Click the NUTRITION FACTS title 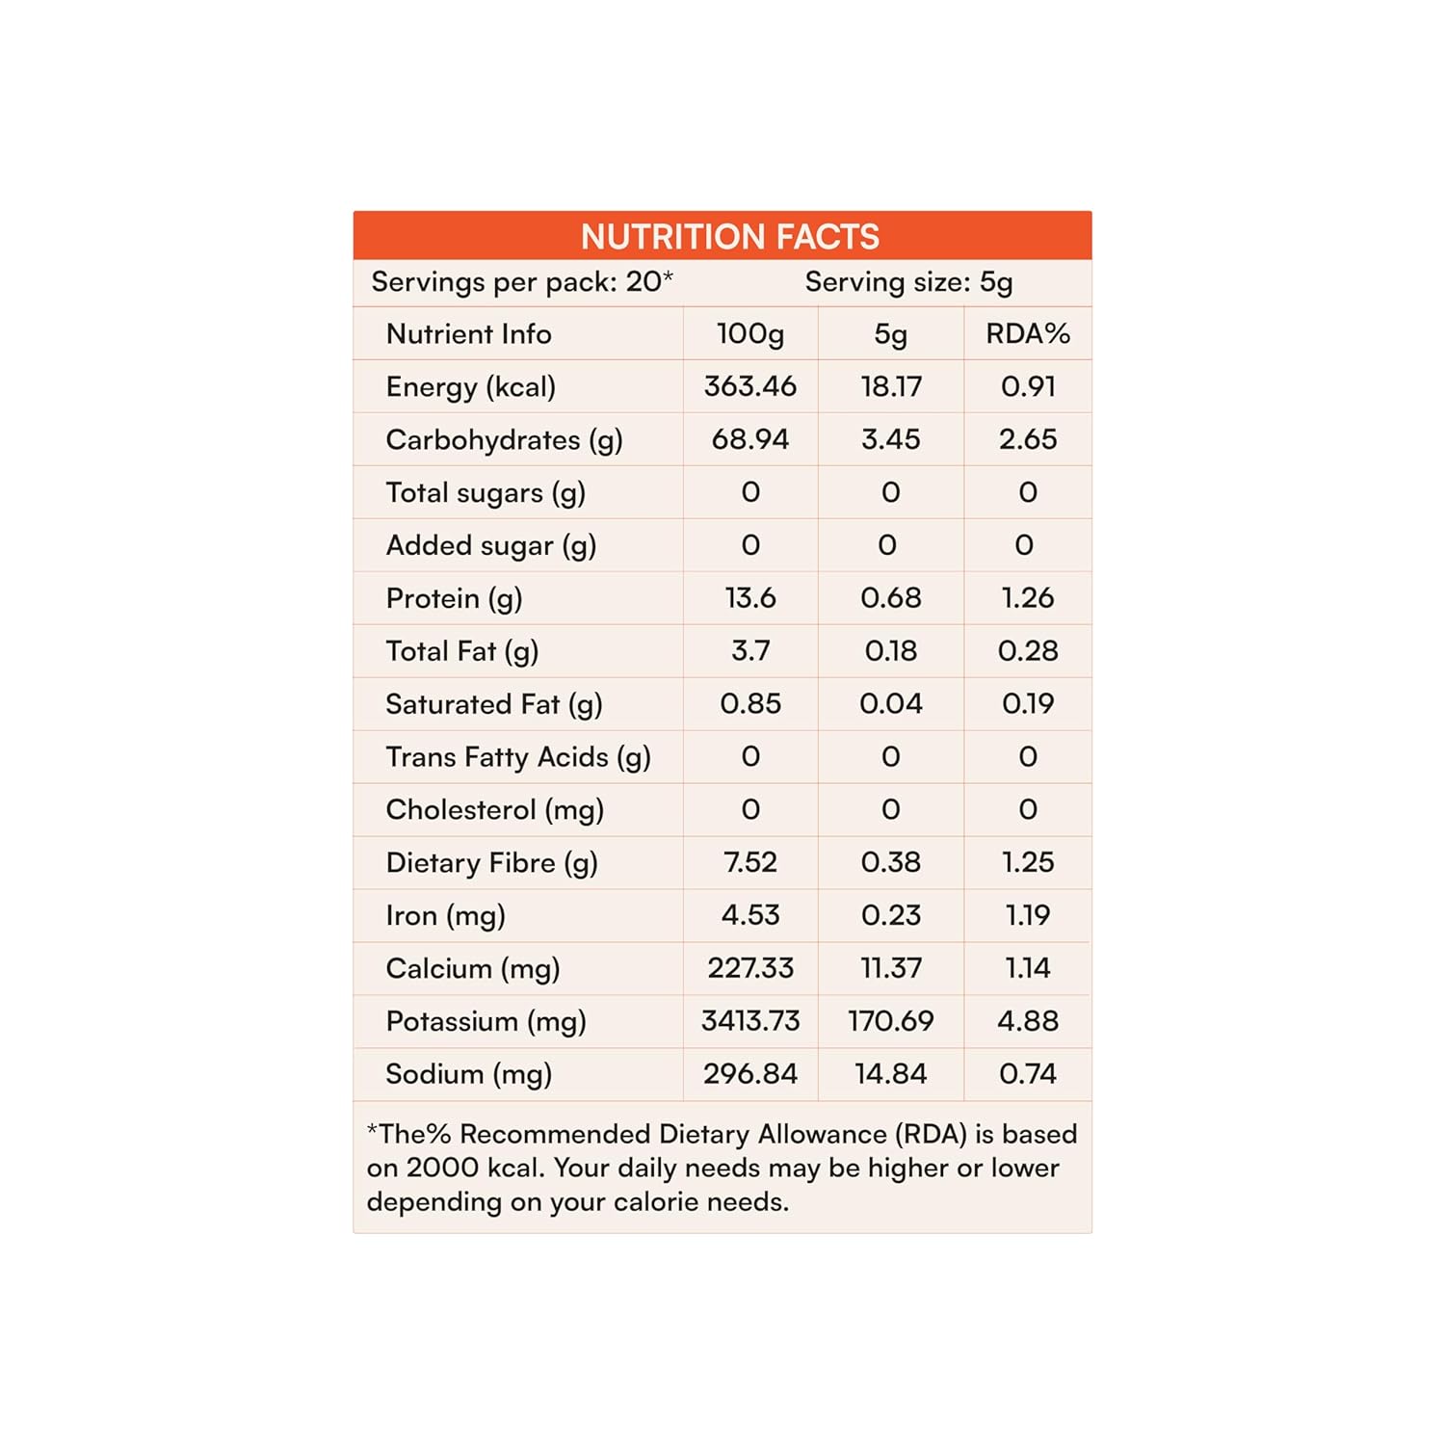729,236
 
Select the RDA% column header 1027,333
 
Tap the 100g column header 749,333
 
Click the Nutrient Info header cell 468,333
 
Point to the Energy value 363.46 749,386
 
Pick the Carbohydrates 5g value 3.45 890,439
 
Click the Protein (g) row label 454,598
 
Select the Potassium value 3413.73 749,1020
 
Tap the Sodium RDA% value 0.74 1027,1073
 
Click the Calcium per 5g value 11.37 890,967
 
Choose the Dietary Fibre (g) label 491,862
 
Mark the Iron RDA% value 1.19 1027,914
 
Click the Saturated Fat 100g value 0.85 749,703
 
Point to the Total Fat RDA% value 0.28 1027,650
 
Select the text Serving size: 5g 908,282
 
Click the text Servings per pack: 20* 521,282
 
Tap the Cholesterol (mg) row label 494,809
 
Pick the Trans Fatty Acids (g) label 518,756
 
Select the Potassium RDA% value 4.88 1027,1020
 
